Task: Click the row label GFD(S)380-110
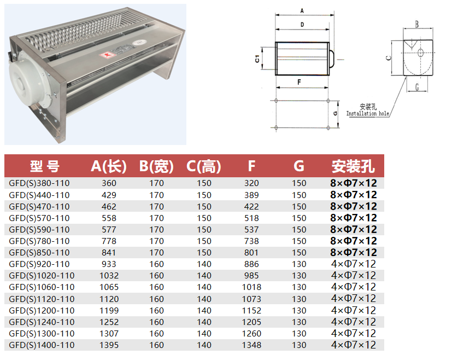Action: click(x=39, y=183)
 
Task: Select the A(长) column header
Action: click(x=109, y=166)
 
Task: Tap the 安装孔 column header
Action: click(x=353, y=166)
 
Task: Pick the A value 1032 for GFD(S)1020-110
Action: click(x=109, y=276)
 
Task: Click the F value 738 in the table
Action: click(x=251, y=241)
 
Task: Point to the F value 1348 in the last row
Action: click(x=251, y=345)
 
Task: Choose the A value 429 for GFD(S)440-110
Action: click(x=109, y=195)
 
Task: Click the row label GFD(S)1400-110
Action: click(x=42, y=345)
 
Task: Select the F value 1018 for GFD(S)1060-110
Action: click(x=251, y=287)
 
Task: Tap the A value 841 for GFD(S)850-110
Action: click(x=109, y=253)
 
